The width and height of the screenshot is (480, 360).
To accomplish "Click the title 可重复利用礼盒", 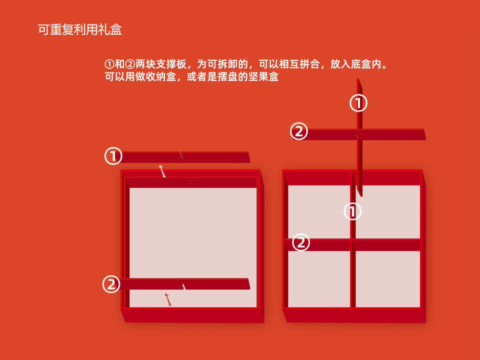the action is (80, 29).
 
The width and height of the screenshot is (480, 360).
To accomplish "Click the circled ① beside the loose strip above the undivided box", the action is (113, 156).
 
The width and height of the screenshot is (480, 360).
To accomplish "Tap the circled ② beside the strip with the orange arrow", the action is (111, 284).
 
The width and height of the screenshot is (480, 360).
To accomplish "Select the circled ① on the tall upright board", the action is (358, 103).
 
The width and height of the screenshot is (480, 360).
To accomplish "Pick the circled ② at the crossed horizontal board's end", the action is (299, 131).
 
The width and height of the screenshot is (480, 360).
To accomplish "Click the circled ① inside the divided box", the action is (352, 211).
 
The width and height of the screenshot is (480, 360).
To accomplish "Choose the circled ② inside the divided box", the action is (301, 242).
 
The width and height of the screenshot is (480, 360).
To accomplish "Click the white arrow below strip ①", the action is (162, 171).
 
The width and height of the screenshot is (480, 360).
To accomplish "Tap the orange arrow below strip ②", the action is (168, 299).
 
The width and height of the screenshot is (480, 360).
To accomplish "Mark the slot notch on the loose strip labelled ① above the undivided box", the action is (181, 155).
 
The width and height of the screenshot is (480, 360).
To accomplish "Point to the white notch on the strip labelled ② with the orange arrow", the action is (184, 286).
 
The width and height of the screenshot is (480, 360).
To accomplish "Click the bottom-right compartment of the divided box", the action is (388, 279).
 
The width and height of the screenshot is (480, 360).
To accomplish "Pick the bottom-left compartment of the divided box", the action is (319, 279).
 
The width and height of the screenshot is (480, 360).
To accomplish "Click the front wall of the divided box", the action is (354, 315).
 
